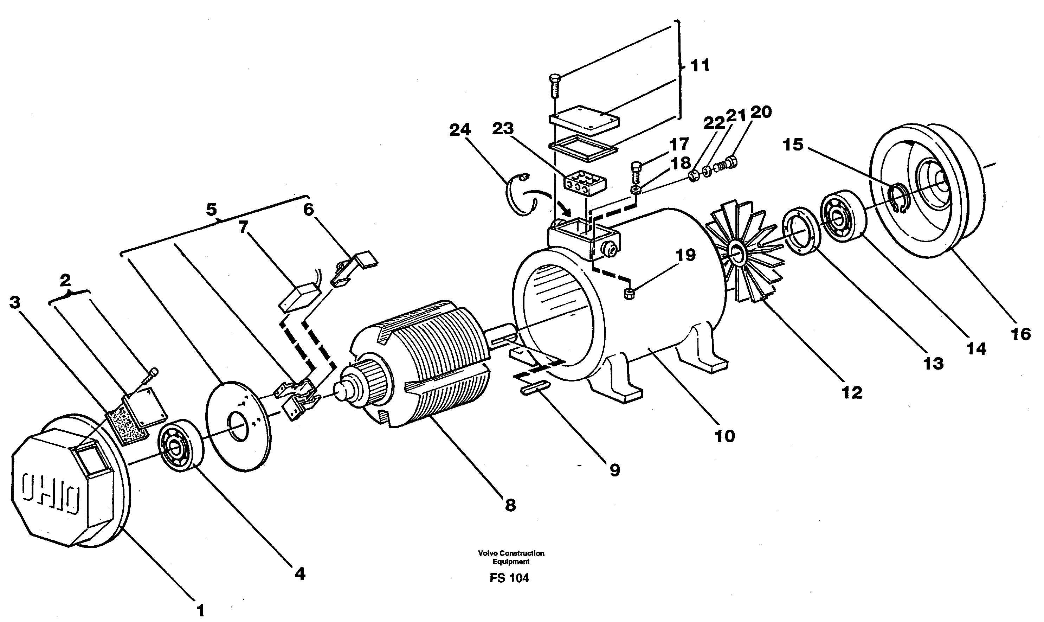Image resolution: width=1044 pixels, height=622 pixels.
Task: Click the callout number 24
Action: pos(459,130)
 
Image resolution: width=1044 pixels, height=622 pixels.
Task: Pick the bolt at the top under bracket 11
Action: pos(554,86)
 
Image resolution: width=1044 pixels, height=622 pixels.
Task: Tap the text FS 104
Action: pos(509,578)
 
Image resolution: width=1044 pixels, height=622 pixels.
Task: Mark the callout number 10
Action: pos(725,436)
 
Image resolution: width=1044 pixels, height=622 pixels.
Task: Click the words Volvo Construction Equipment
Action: pos(511,557)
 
